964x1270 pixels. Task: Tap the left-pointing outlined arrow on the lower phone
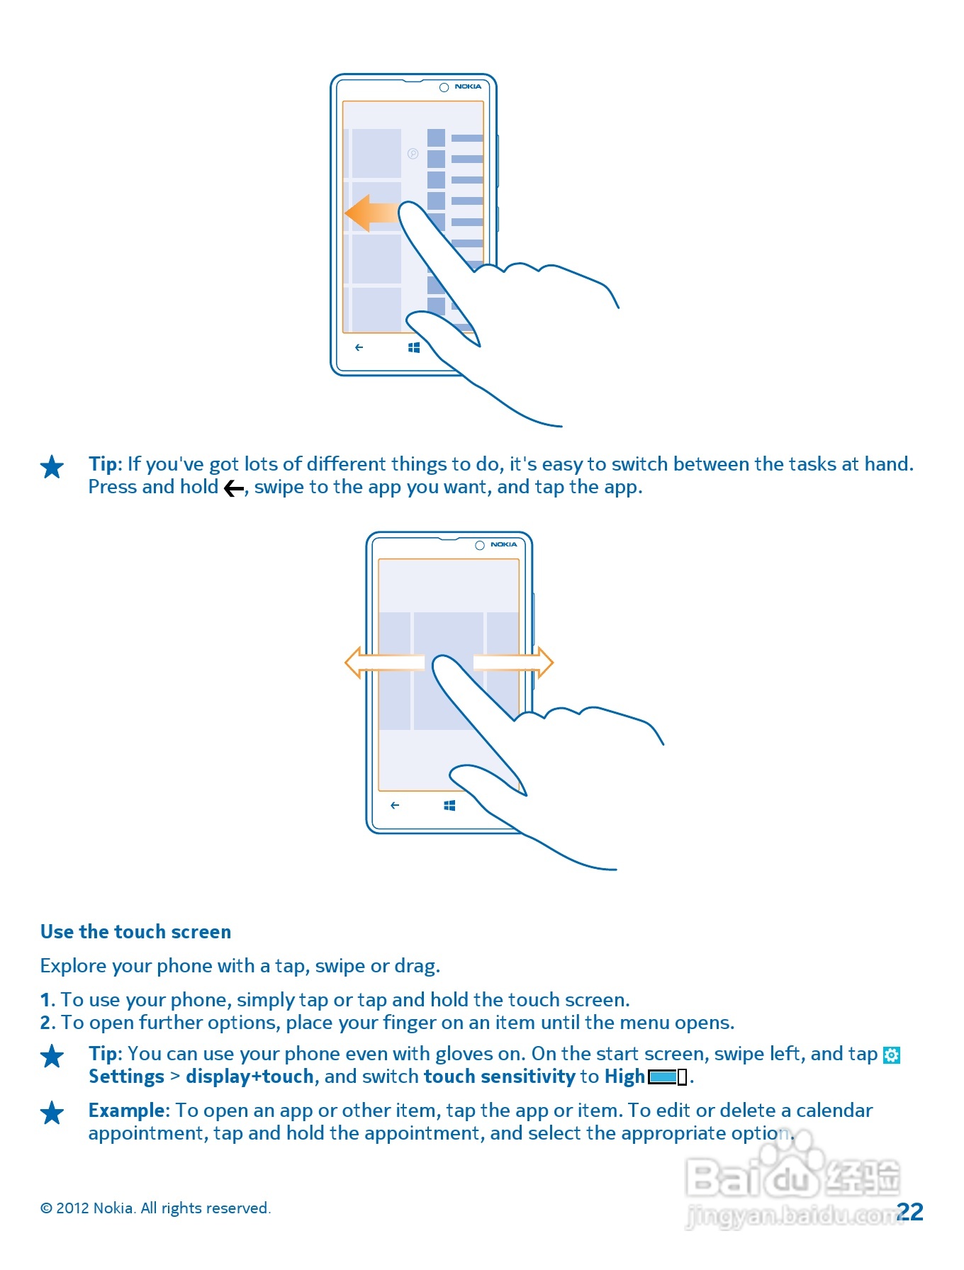(x=383, y=663)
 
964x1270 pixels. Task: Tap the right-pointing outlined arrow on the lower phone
(x=515, y=663)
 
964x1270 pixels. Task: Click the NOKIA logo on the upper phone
(x=468, y=86)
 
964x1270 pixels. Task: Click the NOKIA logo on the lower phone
(x=503, y=544)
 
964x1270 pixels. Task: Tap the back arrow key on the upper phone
(x=359, y=347)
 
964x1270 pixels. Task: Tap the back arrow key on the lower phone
(x=395, y=805)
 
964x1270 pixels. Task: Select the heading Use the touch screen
(x=135, y=931)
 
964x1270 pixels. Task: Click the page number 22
(x=910, y=1211)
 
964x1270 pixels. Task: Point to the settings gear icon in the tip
(x=892, y=1055)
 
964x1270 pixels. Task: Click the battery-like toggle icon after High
(x=667, y=1077)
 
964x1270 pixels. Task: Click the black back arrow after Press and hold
(x=234, y=488)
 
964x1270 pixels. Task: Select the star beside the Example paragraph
(x=52, y=1113)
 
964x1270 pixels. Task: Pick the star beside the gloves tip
(x=52, y=1056)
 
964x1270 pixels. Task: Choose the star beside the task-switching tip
(x=52, y=466)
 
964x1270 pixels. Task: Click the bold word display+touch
(x=250, y=1077)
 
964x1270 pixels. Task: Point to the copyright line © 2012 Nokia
(x=155, y=1208)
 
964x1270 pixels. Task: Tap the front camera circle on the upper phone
(x=444, y=87)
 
